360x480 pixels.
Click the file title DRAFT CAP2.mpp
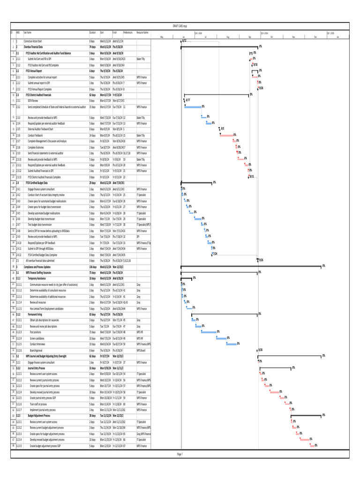[180, 26]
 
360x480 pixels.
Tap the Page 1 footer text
[180, 454]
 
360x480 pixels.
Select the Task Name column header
[28, 32]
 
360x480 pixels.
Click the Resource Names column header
[142, 32]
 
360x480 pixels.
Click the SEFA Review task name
[33, 100]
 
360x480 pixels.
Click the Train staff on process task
[38, 403]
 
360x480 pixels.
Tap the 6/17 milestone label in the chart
[187, 100]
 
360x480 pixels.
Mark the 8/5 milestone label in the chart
[222, 128]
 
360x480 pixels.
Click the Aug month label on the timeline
[228, 37]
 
